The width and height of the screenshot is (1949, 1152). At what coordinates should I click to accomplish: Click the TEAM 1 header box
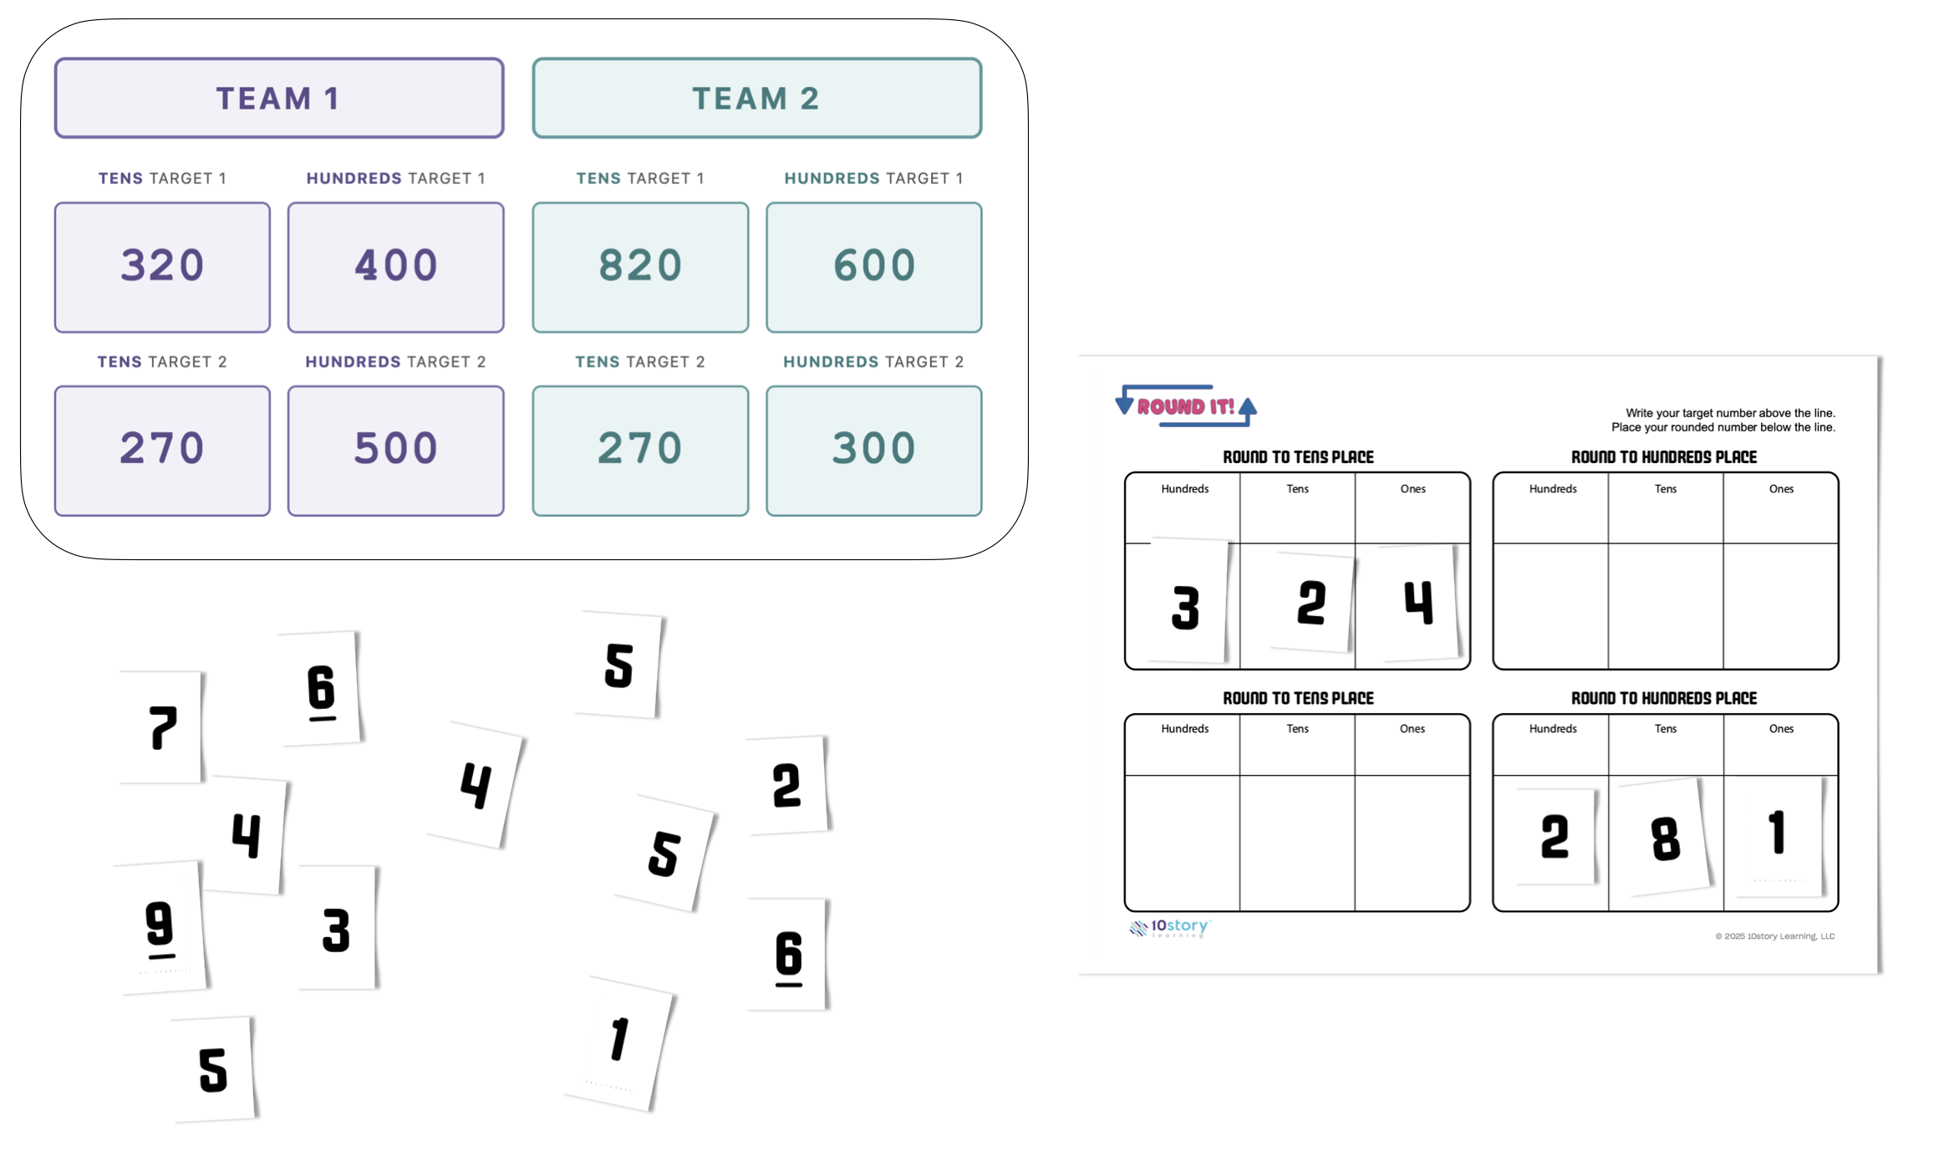(278, 98)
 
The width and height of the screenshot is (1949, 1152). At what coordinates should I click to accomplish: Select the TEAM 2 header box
(756, 98)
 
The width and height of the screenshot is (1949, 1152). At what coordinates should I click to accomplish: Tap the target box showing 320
(162, 267)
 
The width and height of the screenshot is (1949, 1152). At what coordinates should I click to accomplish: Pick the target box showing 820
(640, 267)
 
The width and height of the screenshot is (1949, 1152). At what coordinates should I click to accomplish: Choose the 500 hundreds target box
(395, 450)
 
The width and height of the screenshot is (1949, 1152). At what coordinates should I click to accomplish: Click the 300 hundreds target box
(873, 450)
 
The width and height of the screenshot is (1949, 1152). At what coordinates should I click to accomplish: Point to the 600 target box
(873, 267)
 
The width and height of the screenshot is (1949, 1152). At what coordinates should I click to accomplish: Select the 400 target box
(395, 267)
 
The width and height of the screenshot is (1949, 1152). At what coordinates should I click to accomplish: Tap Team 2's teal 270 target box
(640, 450)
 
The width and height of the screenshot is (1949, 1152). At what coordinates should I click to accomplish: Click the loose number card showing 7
(162, 727)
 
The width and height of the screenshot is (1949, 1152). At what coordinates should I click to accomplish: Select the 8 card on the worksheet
(1665, 838)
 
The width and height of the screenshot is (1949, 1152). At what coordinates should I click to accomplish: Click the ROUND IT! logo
(1185, 407)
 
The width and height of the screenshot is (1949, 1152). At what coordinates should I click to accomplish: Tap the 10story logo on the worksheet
(1170, 927)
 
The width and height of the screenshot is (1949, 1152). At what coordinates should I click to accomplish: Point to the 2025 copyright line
(1774, 936)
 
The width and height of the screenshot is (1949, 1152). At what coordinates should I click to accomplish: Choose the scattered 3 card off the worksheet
(336, 930)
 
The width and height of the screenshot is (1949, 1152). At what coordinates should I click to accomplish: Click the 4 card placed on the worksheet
(1417, 603)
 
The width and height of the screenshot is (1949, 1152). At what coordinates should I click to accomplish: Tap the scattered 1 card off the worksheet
(618, 1042)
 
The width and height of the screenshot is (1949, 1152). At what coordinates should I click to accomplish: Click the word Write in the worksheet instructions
(1641, 413)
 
